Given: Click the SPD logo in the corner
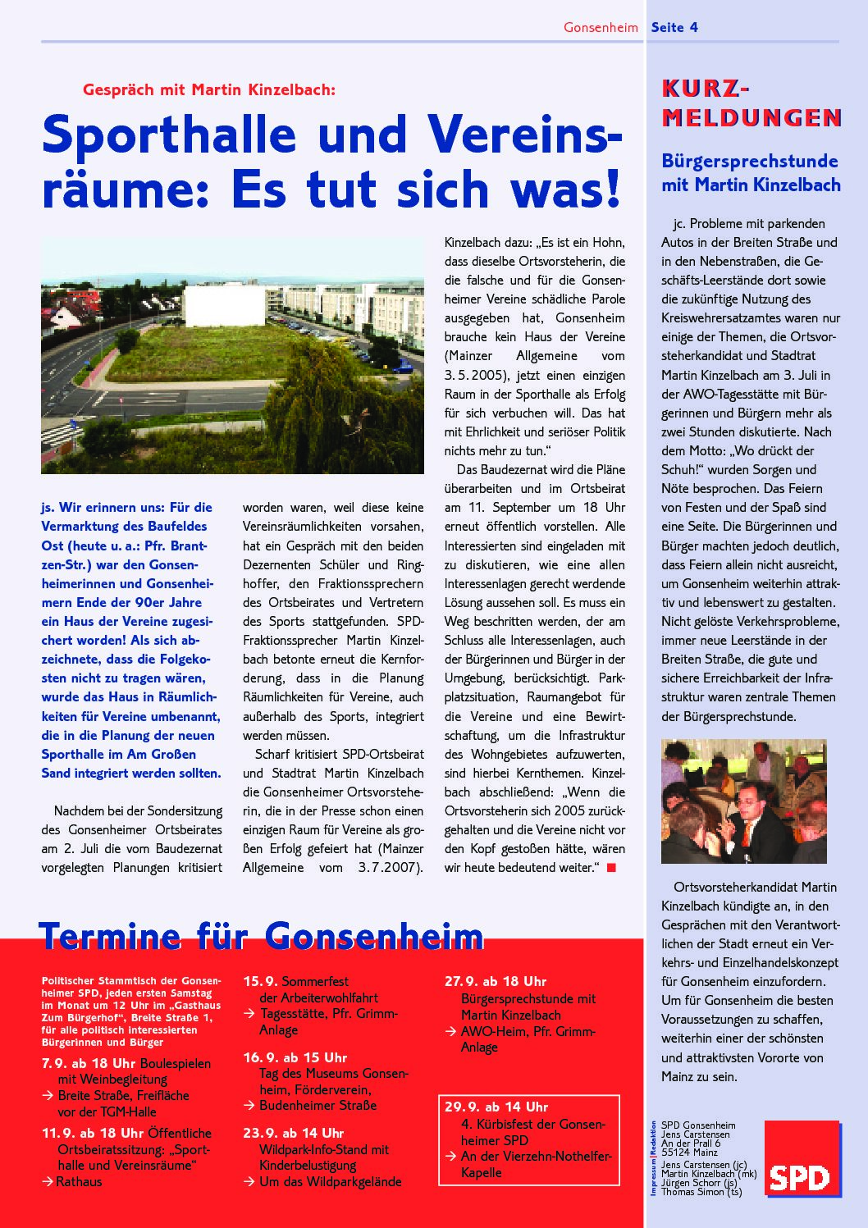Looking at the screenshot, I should click(x=802, y=1158).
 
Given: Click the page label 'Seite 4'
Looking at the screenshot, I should click(x=674, y=27).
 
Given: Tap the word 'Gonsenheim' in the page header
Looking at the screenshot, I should click(x=601, y=27).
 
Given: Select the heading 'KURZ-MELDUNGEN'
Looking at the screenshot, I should click(x=751, y=103).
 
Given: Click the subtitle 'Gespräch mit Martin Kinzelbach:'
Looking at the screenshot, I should click(x=209, y=89).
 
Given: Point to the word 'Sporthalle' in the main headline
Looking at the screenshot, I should click(x=169, y=135).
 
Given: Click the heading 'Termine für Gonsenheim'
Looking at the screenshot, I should click(x=261, y=935).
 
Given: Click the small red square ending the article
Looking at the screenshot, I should click(x=610, y=868).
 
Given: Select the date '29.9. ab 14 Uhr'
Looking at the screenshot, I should click(x=496, y=1107).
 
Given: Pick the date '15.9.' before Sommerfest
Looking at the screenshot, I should click(x=260, y=981).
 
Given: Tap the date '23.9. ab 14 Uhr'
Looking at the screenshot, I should click(x=293, y=1133).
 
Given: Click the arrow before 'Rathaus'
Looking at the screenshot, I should click(x=47, y=1182).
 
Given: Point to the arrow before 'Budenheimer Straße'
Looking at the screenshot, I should click(x=249, y=1106).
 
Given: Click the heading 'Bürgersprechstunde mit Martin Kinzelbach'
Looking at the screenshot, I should click(x=751, y=173).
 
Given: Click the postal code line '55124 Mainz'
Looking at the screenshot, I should click(x=690, y=1152).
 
